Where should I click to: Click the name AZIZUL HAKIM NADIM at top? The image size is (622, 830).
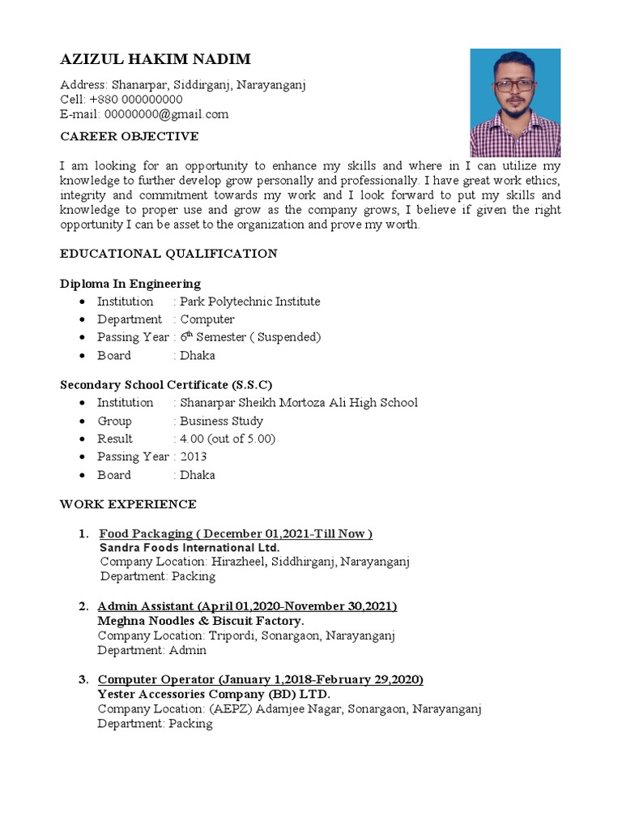pyautogui.click(x=155, y=60)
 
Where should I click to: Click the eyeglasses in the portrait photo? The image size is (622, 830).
pyautogui.click(x=513, y=84)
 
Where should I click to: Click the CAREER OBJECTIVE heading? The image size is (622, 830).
pyautogui.click(x=129, y=136)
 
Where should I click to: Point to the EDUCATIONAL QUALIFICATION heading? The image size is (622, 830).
pyautogui.click(x=168, y=254)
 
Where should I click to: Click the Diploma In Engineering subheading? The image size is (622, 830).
pyautogui.click(x=130, y=284)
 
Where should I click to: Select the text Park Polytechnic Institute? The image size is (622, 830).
pyautogui.click(x=249, y=302)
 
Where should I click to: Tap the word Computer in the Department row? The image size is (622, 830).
pyautogui.click(x=207, y=319)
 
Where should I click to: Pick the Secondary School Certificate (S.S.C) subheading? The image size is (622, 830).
pyautogui.click(x=167, y=384)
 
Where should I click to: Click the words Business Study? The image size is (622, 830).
pyautogui.click(x=221, y=421)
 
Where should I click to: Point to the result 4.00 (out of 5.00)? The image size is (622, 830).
pyautogui.click(x=228, y=439)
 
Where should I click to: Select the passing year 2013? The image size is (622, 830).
pyautogui.click(x=194, y=456)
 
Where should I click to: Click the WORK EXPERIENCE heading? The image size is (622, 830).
pyautogui.click(x=128, y=504)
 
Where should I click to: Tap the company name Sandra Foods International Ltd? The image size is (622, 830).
pyautogui.click(x=189, y=548)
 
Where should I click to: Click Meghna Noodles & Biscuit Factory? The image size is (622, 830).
pyautogui.click(x=201, y=621)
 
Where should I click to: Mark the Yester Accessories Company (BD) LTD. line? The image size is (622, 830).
pyautogui.click(x=214, y=695)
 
